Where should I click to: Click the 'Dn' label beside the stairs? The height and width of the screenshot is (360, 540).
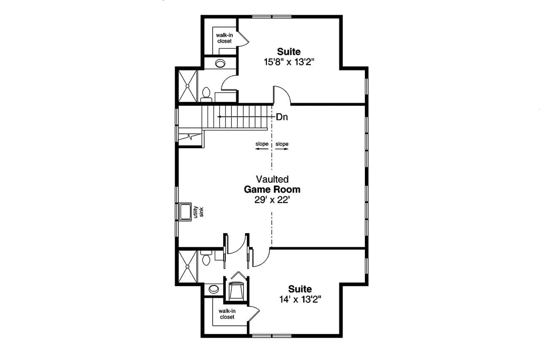282,117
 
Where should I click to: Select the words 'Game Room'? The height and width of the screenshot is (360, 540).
272,189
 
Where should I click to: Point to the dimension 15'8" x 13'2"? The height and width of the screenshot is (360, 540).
289,62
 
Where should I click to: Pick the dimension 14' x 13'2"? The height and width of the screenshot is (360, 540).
300,300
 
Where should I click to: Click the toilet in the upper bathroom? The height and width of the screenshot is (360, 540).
206,94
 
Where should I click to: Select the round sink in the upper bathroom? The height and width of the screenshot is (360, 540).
220,64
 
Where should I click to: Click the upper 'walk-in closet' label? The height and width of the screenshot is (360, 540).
224,38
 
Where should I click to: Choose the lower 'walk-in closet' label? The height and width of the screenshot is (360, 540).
227,314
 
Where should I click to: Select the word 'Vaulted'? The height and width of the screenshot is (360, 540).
272,179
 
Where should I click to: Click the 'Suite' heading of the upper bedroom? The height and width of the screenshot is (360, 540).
289,51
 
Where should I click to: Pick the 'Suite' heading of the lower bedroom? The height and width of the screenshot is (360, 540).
300,289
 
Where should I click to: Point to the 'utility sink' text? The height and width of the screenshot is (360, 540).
198,211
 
